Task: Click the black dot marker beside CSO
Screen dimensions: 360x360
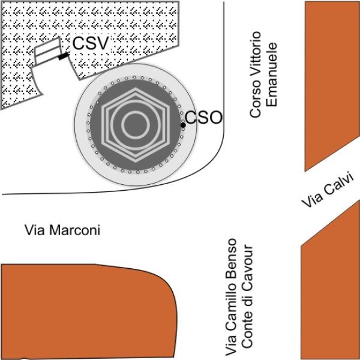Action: point(183,125)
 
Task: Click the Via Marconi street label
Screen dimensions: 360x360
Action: point(61,230)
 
